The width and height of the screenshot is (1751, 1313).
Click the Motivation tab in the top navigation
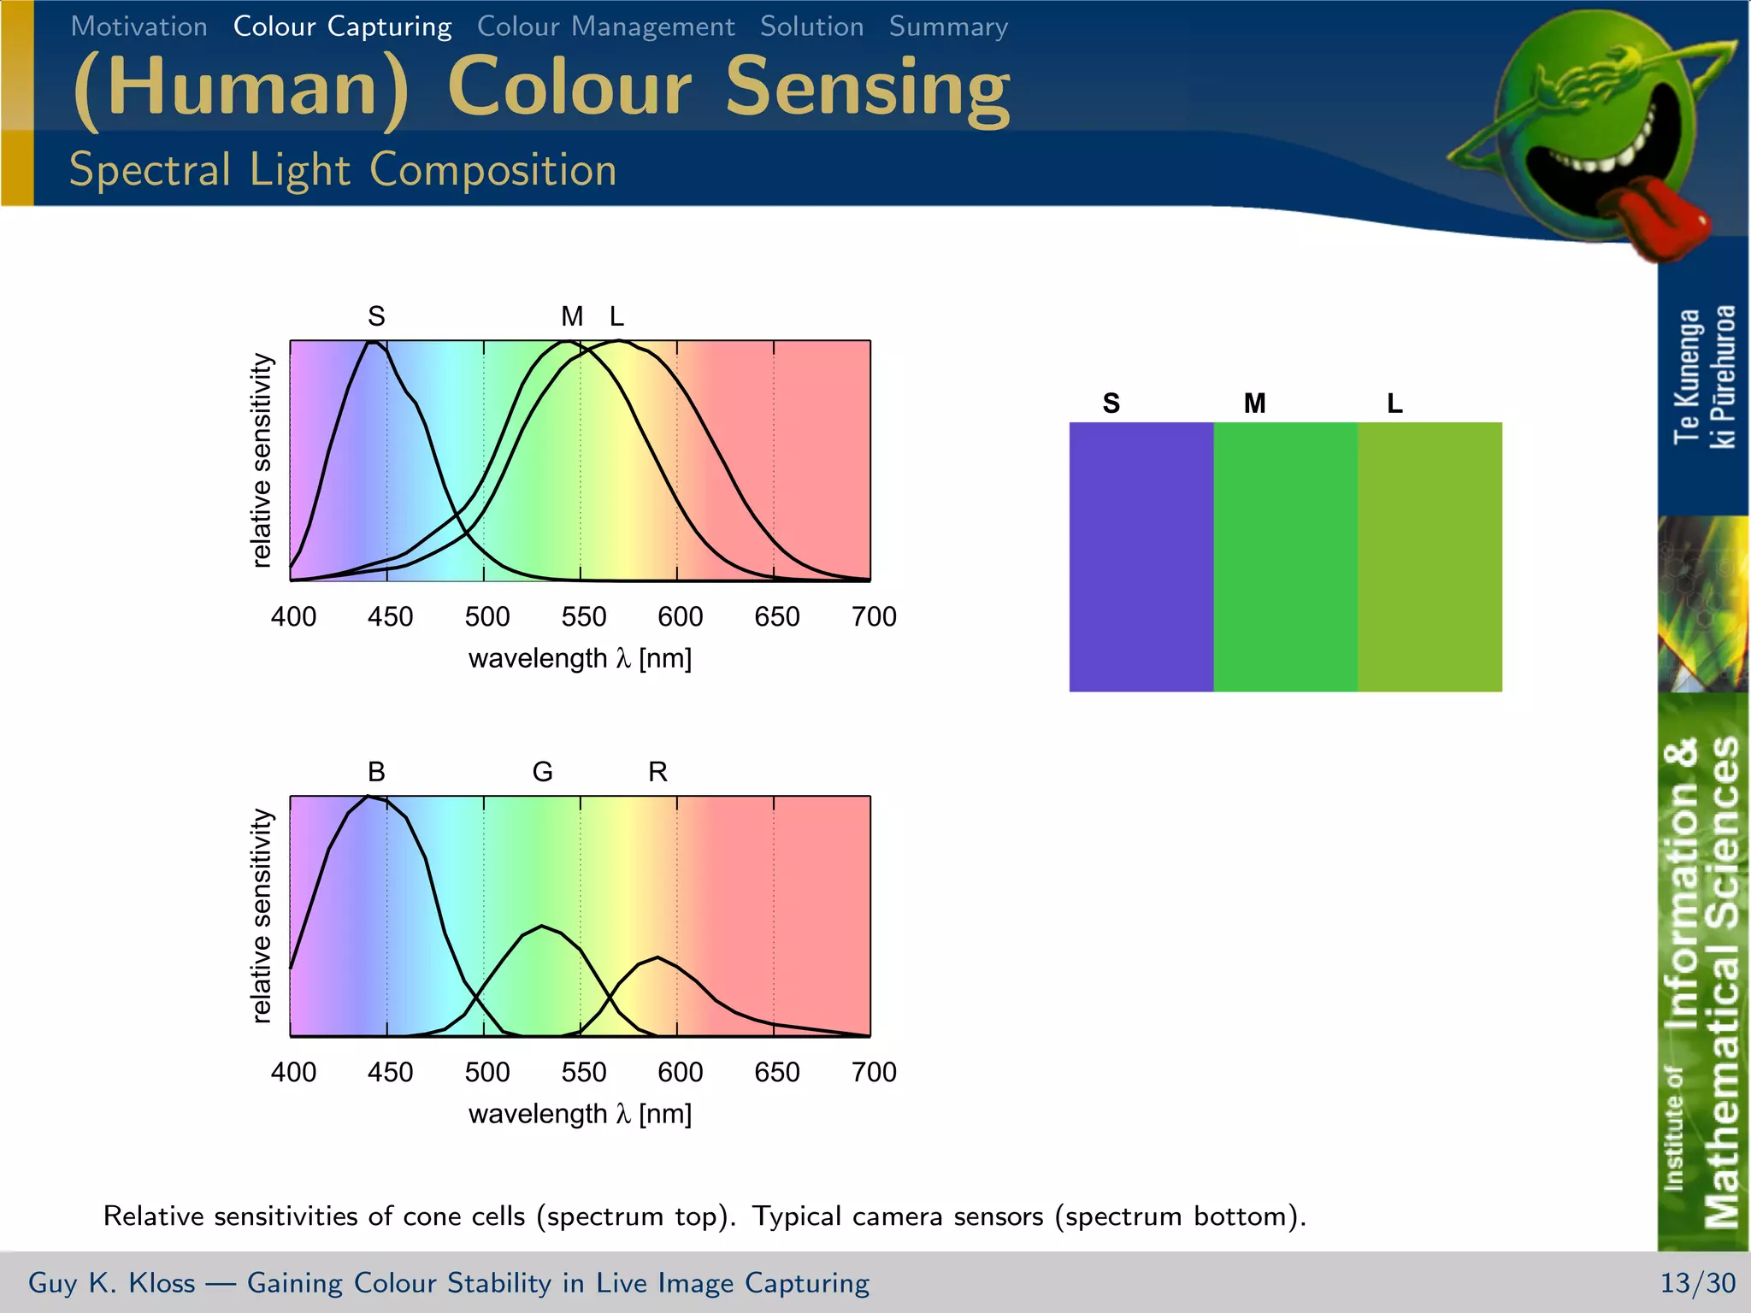[139, 26]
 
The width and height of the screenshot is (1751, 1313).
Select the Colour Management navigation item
[605, 26]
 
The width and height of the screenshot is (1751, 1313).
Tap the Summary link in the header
[948, 26]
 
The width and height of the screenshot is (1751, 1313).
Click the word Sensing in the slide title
[867, 87]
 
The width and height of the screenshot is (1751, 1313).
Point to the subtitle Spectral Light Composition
[342, 169]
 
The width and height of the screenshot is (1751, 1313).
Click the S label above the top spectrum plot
[376, 316]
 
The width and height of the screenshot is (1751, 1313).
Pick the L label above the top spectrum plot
[616, 316]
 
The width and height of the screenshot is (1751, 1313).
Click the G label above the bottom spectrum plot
[542, 772]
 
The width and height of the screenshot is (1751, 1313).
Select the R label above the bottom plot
[657, 772]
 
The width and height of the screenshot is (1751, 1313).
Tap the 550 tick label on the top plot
[583, 616]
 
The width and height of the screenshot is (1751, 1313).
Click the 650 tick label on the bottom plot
[776, 1072]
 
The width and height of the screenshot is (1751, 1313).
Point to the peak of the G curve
[541, 926]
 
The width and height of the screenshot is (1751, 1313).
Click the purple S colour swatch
[1141, 556]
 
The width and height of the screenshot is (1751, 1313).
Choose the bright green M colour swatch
[1285, 556]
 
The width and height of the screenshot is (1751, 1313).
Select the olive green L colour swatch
[1430, 556]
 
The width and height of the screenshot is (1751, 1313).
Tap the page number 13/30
[1697, 1282]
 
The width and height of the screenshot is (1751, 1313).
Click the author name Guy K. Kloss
[111, 1282]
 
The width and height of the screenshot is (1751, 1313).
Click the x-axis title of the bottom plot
[580, 1114]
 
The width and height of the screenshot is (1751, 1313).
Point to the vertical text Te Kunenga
[1687, 376]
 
